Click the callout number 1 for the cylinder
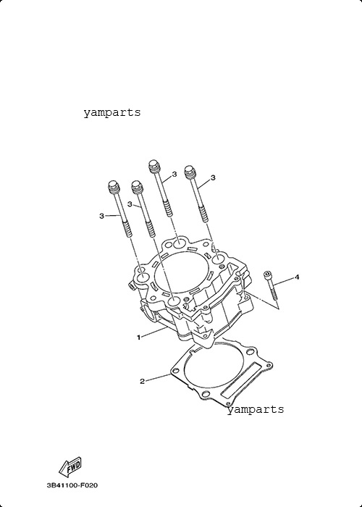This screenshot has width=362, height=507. click(x=139, y=338)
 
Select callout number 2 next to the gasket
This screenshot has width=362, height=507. click(x=142, y=382)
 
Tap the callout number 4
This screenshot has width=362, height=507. click(x=297, y=277)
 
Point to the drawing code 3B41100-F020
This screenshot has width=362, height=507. click(x=72, y=485)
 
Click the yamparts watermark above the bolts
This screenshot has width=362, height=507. click(x=112, y=112)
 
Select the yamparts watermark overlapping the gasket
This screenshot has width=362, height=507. click(x=256, y=410)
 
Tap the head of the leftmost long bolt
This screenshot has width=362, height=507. click(x=114, y=187)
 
